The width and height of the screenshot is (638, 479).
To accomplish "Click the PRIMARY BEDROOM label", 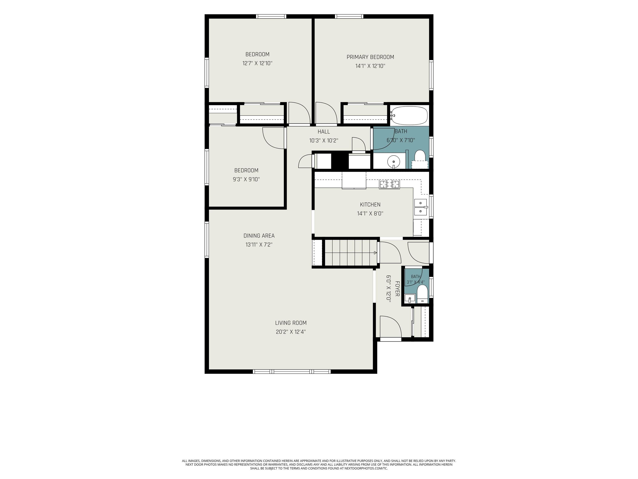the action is [370, 57].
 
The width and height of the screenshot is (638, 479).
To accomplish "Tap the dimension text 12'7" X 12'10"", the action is [257, 63].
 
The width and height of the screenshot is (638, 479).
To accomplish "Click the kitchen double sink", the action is [421, 207].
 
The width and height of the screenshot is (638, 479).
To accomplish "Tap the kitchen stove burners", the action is [389, 184].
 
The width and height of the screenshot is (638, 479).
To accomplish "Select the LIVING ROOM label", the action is [291, 323].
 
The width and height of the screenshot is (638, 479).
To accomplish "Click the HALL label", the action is [324, 132].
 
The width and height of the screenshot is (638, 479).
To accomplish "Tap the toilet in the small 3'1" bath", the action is [422, 294].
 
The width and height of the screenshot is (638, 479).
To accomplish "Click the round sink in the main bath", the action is [393, 161].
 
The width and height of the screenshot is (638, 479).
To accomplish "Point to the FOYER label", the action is [397, 289].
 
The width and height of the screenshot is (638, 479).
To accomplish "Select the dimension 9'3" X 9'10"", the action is [246, 179].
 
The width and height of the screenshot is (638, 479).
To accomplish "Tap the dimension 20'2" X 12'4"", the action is [291, 332].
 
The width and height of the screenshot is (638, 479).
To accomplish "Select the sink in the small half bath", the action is [410, 299].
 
